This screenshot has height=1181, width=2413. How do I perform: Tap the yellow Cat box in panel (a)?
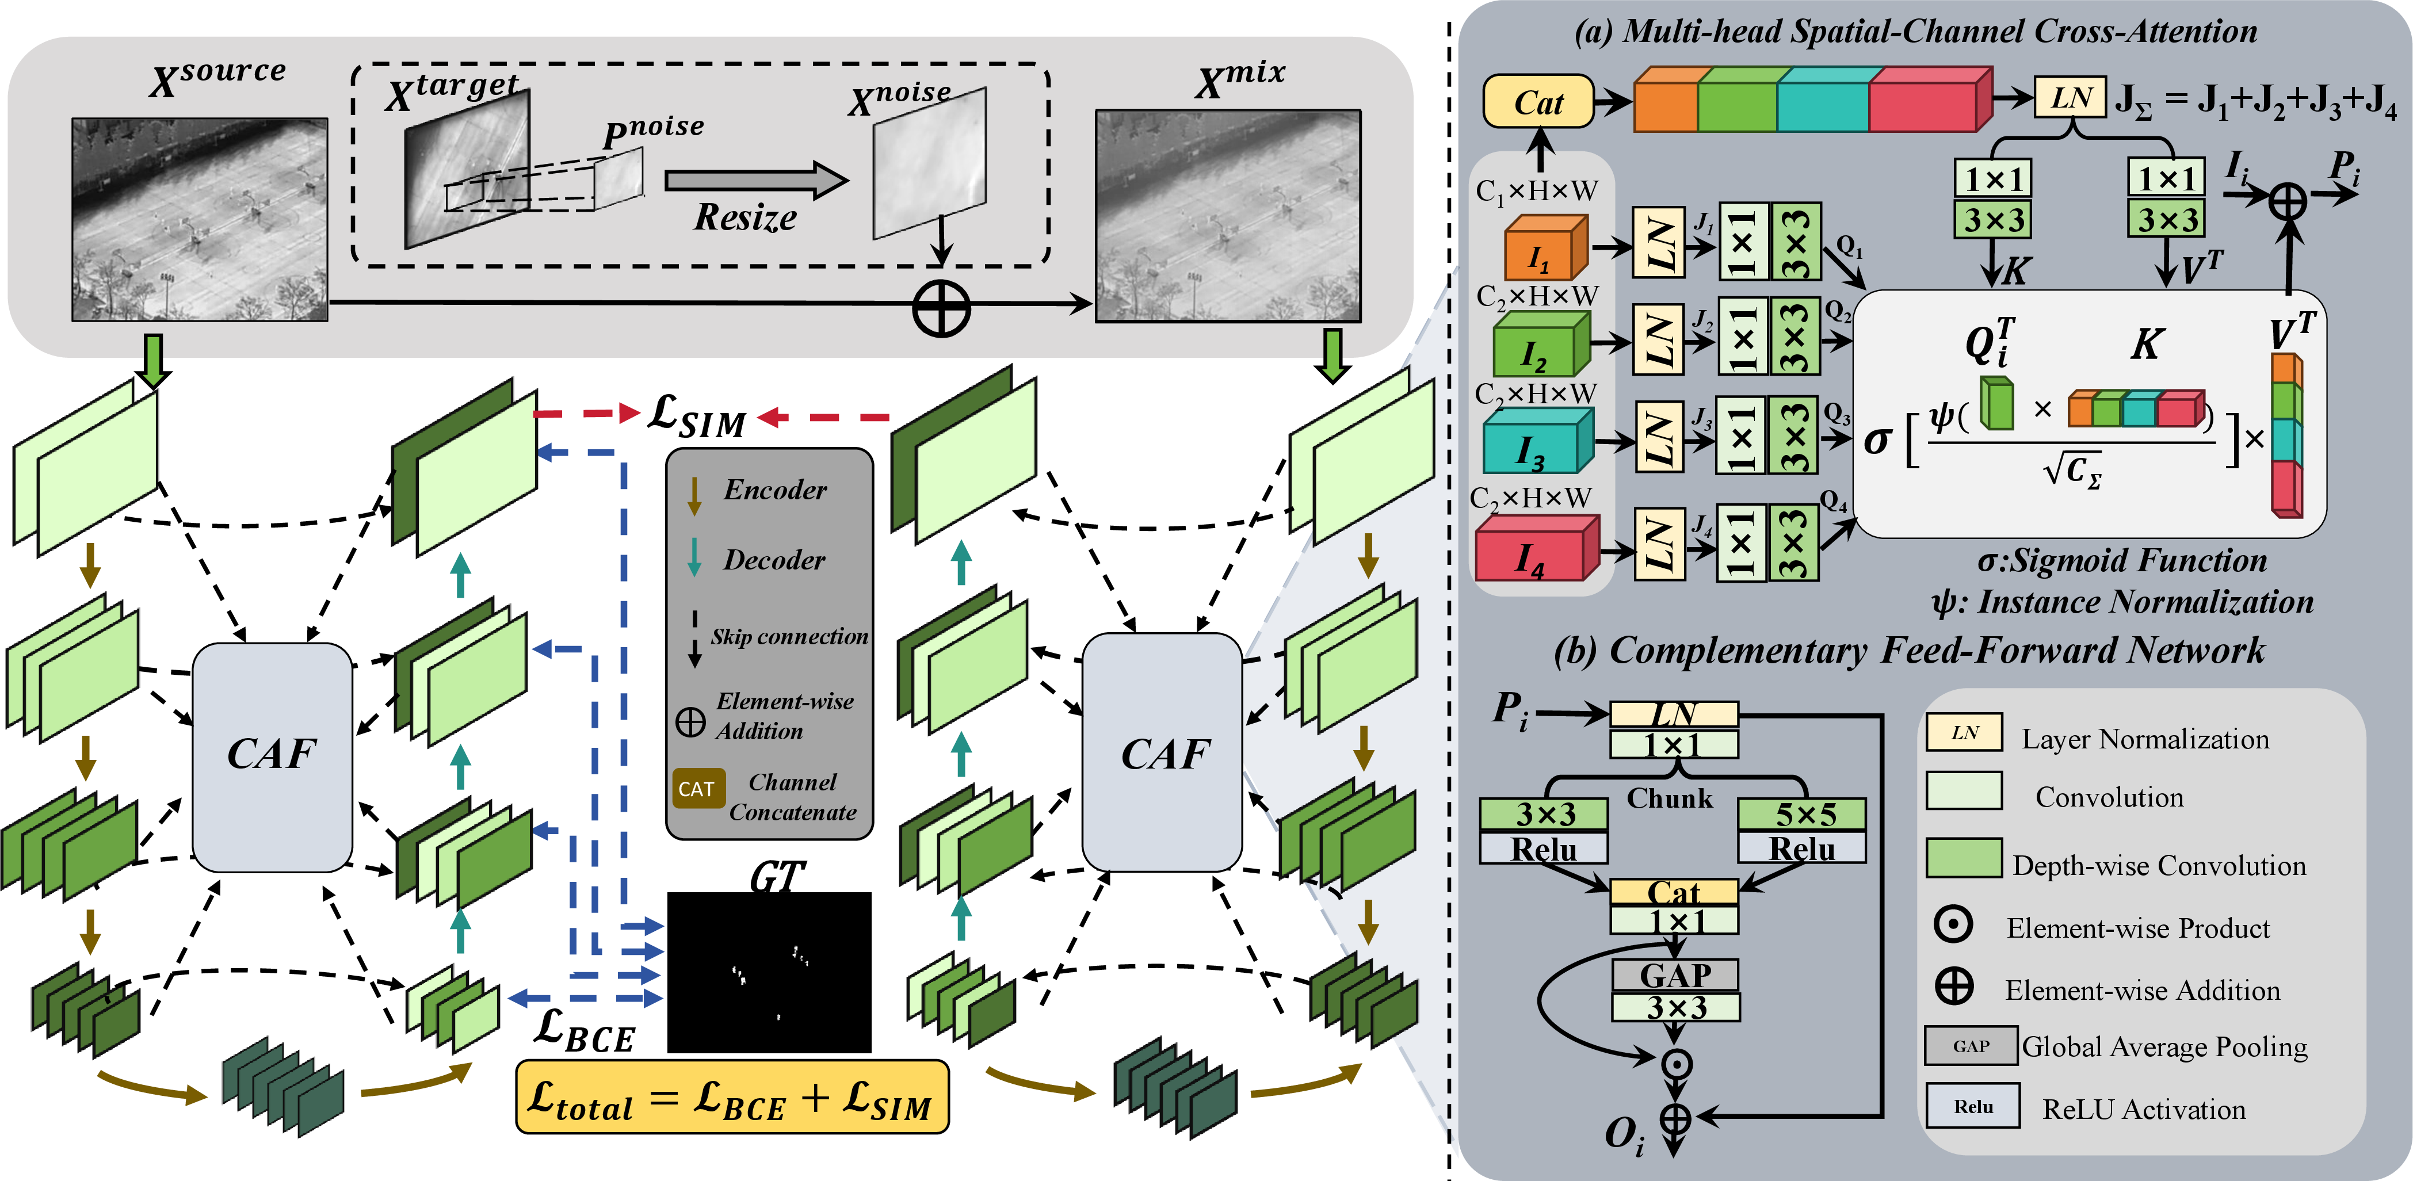(x=1538, y=102)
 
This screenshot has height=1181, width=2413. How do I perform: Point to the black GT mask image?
(x=769, y=972)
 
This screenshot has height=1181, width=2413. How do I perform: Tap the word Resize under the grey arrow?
(x=746, y=217)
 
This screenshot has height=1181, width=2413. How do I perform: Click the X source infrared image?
(x=200, y=219)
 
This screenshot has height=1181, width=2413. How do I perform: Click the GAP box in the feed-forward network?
(x=1675, y=975)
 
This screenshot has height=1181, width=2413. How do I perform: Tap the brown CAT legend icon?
(x=697, y=789)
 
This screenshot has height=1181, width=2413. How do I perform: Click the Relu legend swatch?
(x=1973, y=1106)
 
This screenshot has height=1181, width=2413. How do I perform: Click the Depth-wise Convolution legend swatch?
(x=1964, y=857)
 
